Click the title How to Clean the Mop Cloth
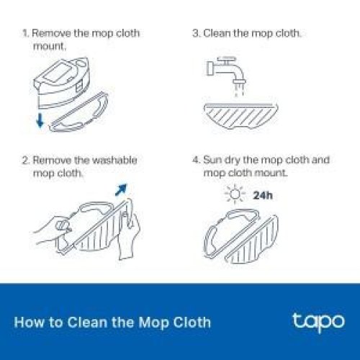[x=112, y=321]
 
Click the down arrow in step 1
[x=39, y=118]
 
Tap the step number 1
[x=25, y=34]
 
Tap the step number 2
[x=25, y=160]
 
